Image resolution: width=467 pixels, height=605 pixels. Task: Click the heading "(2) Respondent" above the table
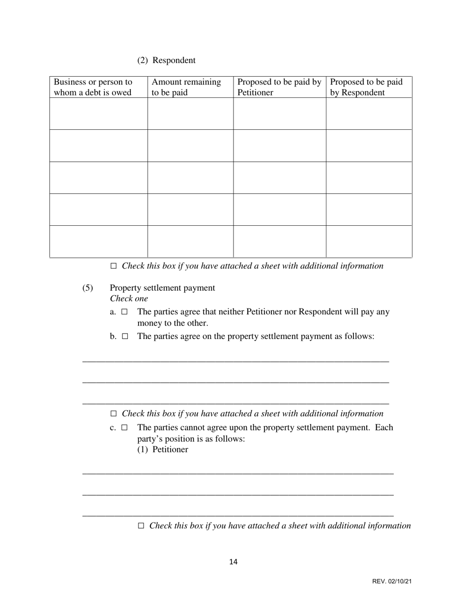pos(166,60)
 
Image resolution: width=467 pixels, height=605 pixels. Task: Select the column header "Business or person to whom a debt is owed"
pos(93,87)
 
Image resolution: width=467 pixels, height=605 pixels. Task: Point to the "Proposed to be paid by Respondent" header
pos(366,87)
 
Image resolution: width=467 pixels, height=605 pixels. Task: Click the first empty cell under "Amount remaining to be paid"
pos(190,114)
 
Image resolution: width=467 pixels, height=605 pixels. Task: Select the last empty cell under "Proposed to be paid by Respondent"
pos(369,242)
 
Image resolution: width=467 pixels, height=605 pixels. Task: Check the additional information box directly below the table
pos(114,266)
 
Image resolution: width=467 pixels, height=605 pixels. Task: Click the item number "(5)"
pos(88,288)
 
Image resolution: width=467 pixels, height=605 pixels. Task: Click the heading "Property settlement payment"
pos(162,288)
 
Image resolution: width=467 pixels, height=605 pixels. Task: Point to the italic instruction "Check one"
pos(129,299)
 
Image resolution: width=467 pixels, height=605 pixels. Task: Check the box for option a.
pos(125,312)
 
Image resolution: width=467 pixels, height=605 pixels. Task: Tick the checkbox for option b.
pos(125,336)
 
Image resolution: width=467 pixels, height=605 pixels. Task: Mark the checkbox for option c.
pos(125,427)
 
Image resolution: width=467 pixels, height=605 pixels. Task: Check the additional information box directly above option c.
pos(114,414)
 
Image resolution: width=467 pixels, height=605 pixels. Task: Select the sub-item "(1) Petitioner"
pos(162,450)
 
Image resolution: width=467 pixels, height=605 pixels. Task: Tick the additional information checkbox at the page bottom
pos(141,526)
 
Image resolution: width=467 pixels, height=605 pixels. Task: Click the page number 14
pos(233,562)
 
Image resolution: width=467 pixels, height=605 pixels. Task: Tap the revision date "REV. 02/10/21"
pos(392,581)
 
